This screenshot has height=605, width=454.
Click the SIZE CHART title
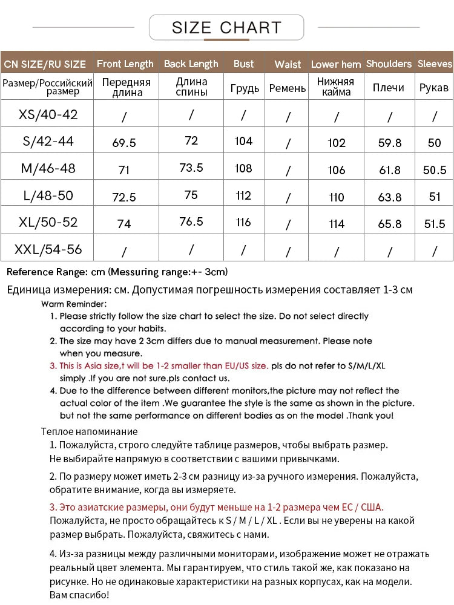tap(226, 28)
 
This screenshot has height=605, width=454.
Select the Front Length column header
tap(125, 64)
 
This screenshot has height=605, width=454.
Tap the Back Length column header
tap(191, 64)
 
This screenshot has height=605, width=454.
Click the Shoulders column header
tap(389, 64)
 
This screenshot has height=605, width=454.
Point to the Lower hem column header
tap(336, 64)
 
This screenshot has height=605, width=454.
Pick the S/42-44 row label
tap(48, 141)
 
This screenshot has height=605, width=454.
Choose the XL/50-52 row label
tap(48, 222)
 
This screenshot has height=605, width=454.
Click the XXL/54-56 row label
tap(48, 249)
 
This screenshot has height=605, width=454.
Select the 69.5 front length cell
tap(124, 143)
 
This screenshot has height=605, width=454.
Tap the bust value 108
tap(243, 168)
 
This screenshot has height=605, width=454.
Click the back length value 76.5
tap(191, 221)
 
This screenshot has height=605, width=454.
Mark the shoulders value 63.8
tap(389, 197)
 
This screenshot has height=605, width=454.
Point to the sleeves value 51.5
tap(434, 224)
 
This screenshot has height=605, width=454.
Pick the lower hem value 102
tap(337, 143)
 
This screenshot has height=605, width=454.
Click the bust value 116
tap(243, 222)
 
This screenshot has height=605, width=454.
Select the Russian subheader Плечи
tap(389, 88)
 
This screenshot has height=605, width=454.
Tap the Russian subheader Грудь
tap(245, 88)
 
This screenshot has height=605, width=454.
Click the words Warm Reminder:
tap(74, 304)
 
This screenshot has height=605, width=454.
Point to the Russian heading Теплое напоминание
tap(89, 431)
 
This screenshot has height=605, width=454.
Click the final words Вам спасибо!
tap(79, 595)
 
